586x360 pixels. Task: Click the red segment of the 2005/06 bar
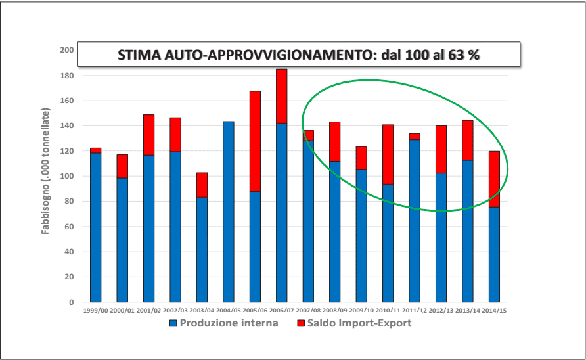click(255, 141)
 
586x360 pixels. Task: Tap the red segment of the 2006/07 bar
click(281, 96)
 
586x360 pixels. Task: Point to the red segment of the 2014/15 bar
click(494, 179)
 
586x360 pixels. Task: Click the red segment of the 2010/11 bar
click(388, 154)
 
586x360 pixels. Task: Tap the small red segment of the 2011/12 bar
click(415, 136)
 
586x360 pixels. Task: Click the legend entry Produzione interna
click(224, 323)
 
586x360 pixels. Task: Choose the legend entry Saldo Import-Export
click(355, 323)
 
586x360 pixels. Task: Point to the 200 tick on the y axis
click(66, 50)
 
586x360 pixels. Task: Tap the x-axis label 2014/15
click(494, 309)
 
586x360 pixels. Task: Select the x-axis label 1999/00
click(96, 309)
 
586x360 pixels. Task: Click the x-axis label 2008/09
click(334, 309)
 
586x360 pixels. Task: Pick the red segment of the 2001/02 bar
click(148, 135)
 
